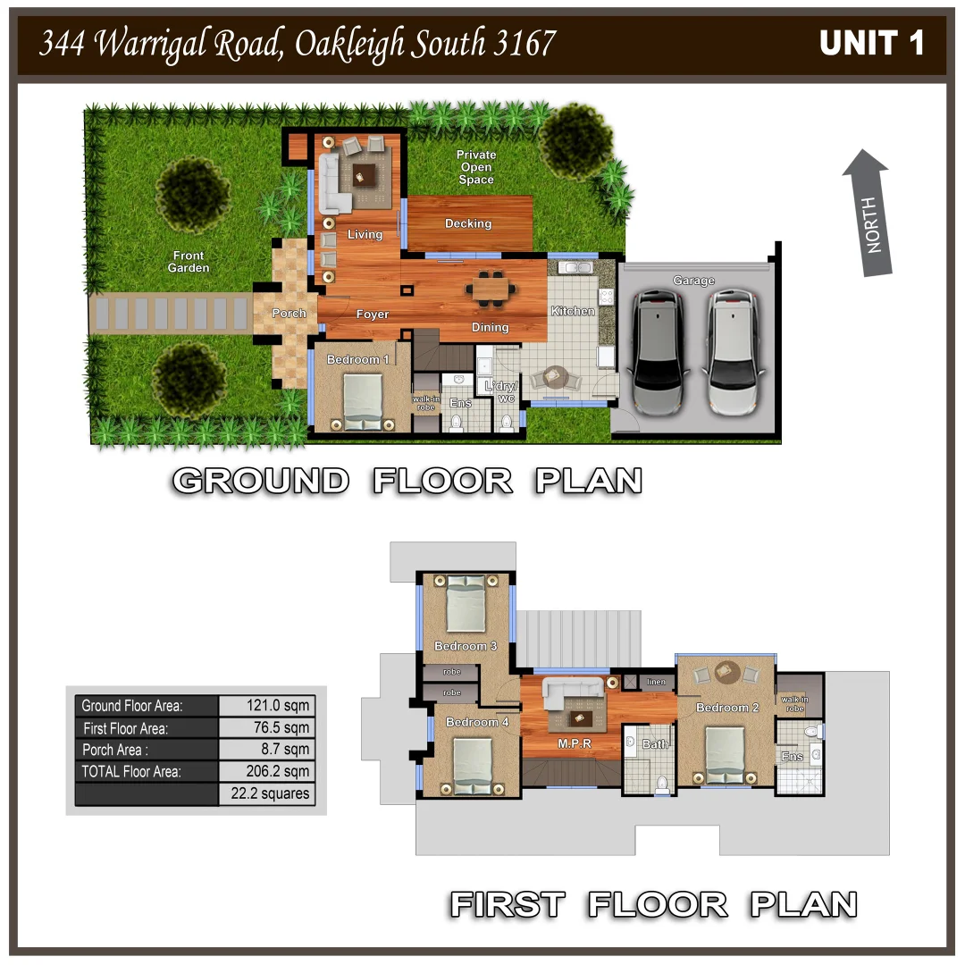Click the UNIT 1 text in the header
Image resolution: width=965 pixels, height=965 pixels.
871,44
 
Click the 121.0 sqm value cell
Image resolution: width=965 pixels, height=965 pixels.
266,706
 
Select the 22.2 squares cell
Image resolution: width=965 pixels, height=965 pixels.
266,793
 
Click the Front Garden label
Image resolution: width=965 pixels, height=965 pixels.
189,262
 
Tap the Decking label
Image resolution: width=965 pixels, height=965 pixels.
468,223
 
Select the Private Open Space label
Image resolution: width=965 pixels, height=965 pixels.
476,167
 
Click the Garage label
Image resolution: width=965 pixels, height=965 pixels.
693,281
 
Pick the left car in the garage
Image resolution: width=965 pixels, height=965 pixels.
658,352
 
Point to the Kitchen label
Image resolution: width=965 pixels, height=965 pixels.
573,311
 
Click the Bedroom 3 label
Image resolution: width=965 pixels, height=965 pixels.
466,646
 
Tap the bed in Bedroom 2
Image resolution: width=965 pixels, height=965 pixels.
725,756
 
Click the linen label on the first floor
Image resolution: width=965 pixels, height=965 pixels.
656,682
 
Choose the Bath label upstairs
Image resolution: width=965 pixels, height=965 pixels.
655,743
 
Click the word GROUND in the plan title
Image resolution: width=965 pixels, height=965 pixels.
260,481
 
